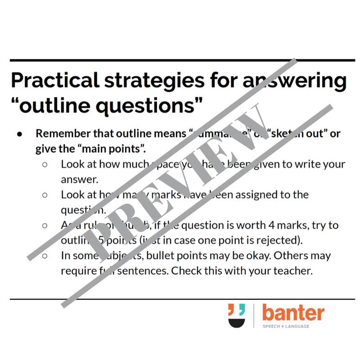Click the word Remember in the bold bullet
[x=61, y=134]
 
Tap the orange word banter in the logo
[x=292, y=313]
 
